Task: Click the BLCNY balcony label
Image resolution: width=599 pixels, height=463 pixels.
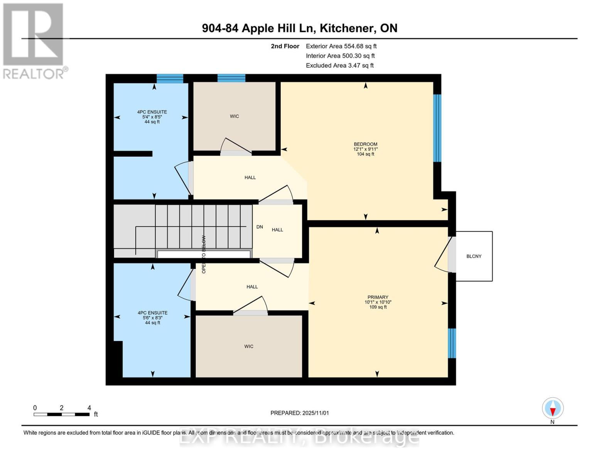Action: (x=474, y=256)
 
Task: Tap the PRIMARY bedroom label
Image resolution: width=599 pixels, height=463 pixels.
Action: (x=378, y=297)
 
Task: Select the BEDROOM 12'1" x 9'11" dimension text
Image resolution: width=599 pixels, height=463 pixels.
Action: (x=365, y=149)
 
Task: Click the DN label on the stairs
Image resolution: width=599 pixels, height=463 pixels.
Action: (x=260, y=227)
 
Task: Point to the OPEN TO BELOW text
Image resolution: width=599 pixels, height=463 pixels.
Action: (x=204, y=254)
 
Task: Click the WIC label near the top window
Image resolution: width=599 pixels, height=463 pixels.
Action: (x=234, y=116)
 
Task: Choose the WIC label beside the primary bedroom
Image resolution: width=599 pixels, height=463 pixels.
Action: (x=249, y=346)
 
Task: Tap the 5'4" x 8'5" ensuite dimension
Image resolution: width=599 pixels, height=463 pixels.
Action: (x=152, y=117)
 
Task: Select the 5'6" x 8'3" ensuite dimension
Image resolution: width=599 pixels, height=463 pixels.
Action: (x=152, y=318)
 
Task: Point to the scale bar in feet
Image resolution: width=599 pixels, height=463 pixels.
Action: (x=62, y=414)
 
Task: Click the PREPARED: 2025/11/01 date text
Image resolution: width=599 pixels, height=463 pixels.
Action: (x=299, y=413)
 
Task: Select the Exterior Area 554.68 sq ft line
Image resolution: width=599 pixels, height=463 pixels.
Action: (x=341, y=46)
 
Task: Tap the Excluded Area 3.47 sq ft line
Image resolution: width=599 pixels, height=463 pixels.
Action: (x=339, y=66)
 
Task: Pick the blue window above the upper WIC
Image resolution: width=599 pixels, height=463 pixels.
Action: (x=231, y=78)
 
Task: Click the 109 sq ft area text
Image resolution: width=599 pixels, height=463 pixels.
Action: (x=378, y=307)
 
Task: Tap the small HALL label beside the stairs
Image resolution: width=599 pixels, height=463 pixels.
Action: (x=277, y=230)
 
